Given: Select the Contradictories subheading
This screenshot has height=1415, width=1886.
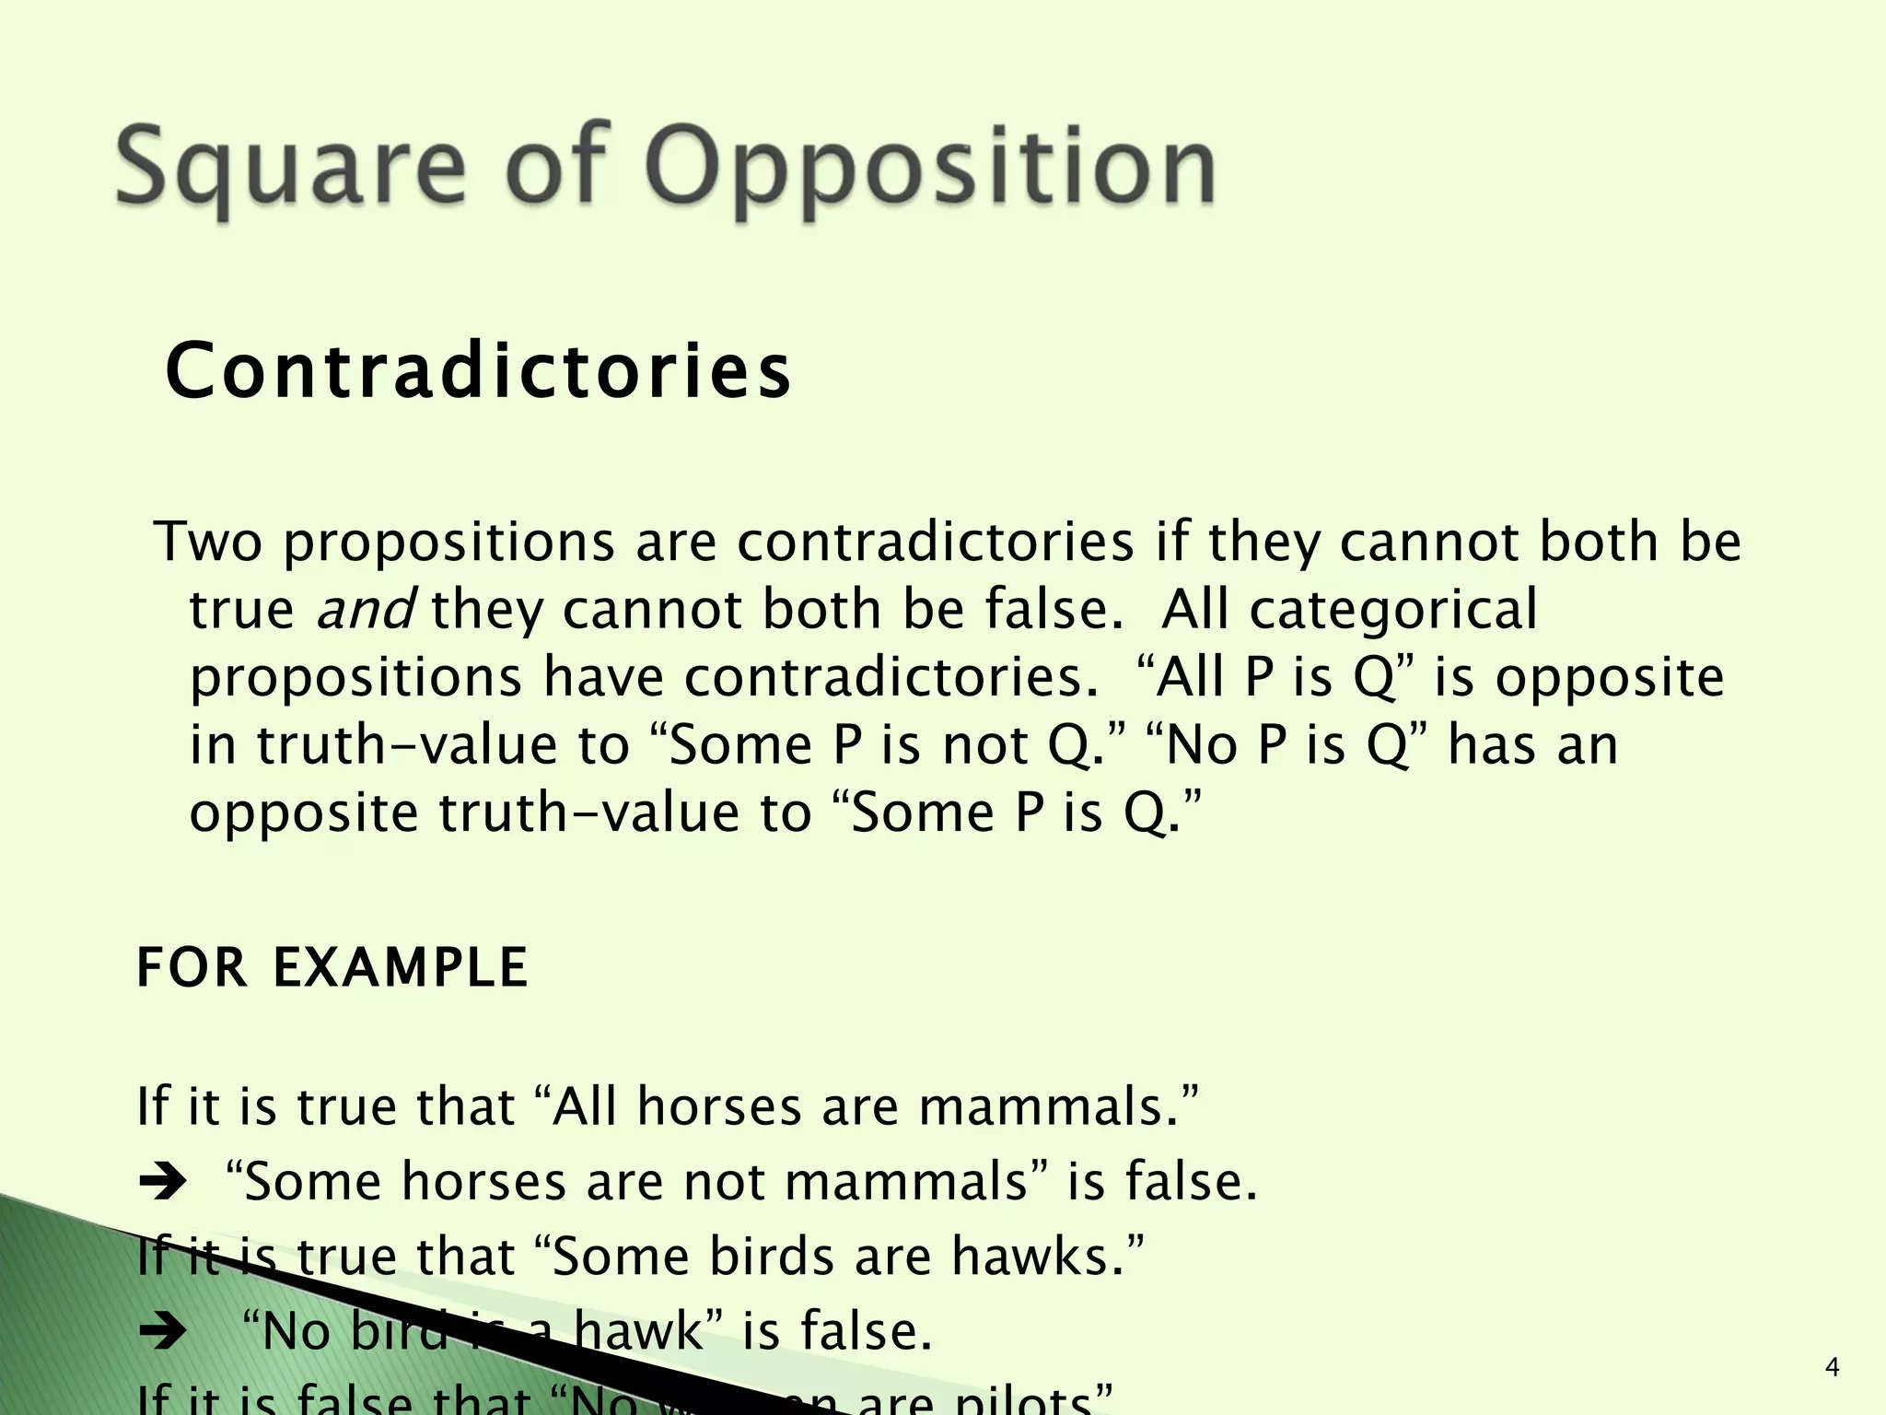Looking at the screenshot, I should [x=478, y=371].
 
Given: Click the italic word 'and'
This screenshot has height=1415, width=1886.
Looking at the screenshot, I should [x=365, y=609].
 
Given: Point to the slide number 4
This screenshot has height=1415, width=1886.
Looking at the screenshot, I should [x=1832, y=1367].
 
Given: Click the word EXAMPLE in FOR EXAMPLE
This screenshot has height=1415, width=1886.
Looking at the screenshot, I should [x=401, y=967].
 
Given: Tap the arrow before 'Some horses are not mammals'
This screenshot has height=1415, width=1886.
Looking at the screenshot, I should [x=162, y=1182].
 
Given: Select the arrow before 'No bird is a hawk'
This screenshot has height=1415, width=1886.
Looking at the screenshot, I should [x=162, y=1332].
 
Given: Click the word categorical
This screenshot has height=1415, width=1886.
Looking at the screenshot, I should [x=1393, y=609].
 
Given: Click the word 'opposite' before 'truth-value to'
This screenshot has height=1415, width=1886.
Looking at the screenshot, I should [x=304, y=813].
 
